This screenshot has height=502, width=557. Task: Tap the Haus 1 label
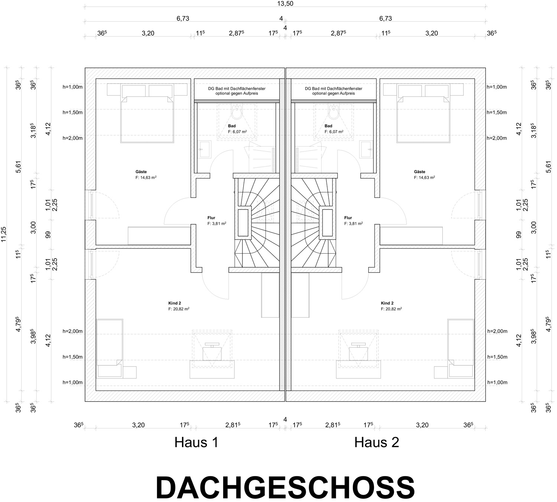tap(196, 442)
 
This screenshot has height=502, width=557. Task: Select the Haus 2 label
tap(377, 442)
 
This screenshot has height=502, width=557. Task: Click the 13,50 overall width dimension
tap(285, 4)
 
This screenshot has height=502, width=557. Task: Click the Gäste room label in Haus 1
tap(141, 172)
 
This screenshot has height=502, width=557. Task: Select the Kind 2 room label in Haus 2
tap(387, 303)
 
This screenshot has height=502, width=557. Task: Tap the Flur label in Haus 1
tap(211, 218)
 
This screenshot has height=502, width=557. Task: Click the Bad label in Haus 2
tap(328, 126)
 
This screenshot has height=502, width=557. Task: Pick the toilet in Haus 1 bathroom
tap(236, 112)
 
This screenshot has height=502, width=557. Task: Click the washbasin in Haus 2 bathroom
tap(366, 150)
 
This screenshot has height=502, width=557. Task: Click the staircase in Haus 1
tap(257, 222)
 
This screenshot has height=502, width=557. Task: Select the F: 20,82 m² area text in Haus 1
tap(179, 309)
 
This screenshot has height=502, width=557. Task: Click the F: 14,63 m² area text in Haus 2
tap(424, 177)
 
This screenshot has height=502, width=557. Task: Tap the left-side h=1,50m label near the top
tap(72, 113)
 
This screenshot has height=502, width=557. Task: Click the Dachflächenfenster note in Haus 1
tap(237, 91)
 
